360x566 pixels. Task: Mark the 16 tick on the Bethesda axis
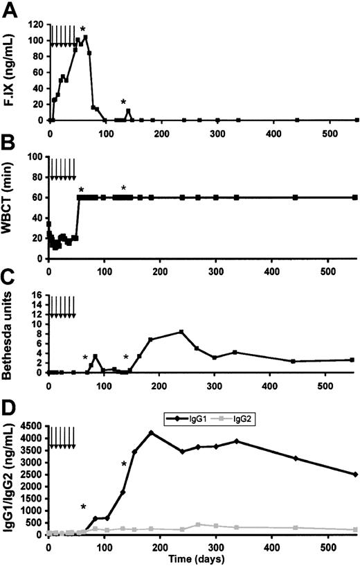[x=39, y=294]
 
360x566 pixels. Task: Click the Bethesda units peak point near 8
[x=181, y=332]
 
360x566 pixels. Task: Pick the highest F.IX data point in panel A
[x=85, y=37]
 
